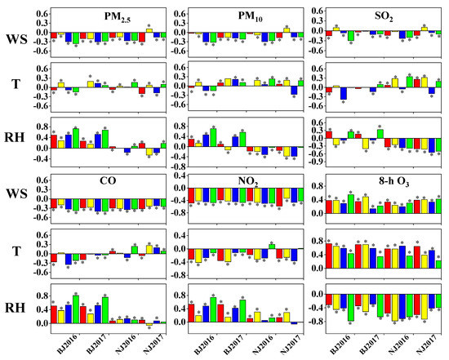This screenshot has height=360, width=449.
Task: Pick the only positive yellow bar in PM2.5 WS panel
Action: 149,30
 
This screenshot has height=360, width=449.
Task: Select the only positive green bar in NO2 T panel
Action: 272,246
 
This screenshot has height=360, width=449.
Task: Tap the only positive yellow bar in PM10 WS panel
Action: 287,30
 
